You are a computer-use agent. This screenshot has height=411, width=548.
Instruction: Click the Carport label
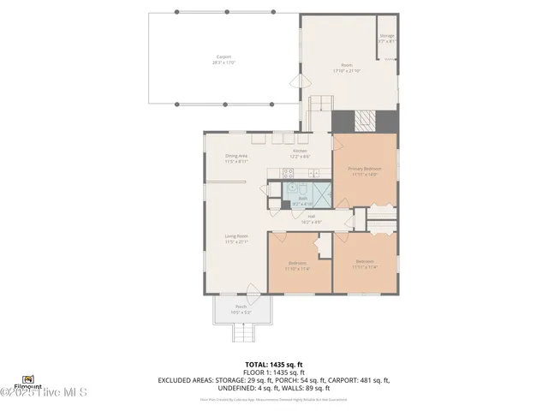tap(223, 57)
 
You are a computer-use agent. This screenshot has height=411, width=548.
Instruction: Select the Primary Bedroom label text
tap(364, 169)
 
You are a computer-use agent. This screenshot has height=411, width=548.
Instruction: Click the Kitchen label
tap(300, 151)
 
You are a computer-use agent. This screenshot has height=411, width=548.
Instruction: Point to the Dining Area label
tap(236, 156)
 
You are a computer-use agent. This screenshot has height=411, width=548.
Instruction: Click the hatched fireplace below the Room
tap(365, 121)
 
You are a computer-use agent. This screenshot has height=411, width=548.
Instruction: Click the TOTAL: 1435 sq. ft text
tap(273, 364)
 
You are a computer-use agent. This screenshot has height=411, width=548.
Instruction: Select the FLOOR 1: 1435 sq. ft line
tap(273, 372)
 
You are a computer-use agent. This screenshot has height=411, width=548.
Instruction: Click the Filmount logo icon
tap(27, 378)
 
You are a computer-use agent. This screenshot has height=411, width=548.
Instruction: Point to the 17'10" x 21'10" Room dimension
tap(347, 70)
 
